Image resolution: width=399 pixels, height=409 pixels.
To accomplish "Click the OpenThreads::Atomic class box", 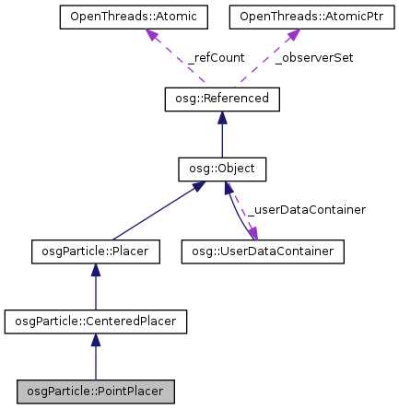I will coord(133,17).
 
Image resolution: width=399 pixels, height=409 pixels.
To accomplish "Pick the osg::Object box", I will coord(221,169).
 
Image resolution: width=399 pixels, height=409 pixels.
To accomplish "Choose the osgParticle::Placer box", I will coord(96,251).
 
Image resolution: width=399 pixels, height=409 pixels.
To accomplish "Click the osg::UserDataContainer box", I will coord(264,251).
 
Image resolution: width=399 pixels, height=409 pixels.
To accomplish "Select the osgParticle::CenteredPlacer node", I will coord(96,321).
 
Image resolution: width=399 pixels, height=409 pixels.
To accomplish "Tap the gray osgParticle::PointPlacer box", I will coord(96,391).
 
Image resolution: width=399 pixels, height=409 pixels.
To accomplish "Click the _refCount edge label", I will coord(216,57).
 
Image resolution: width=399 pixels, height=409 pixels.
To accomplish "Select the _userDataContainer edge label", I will coord(304,210).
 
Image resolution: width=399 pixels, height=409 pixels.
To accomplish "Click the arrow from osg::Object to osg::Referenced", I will coord(221,134).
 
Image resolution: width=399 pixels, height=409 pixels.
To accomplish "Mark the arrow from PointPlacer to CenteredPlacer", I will coord(96,356).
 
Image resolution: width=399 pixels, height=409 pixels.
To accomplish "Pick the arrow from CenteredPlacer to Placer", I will coord(96,286).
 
